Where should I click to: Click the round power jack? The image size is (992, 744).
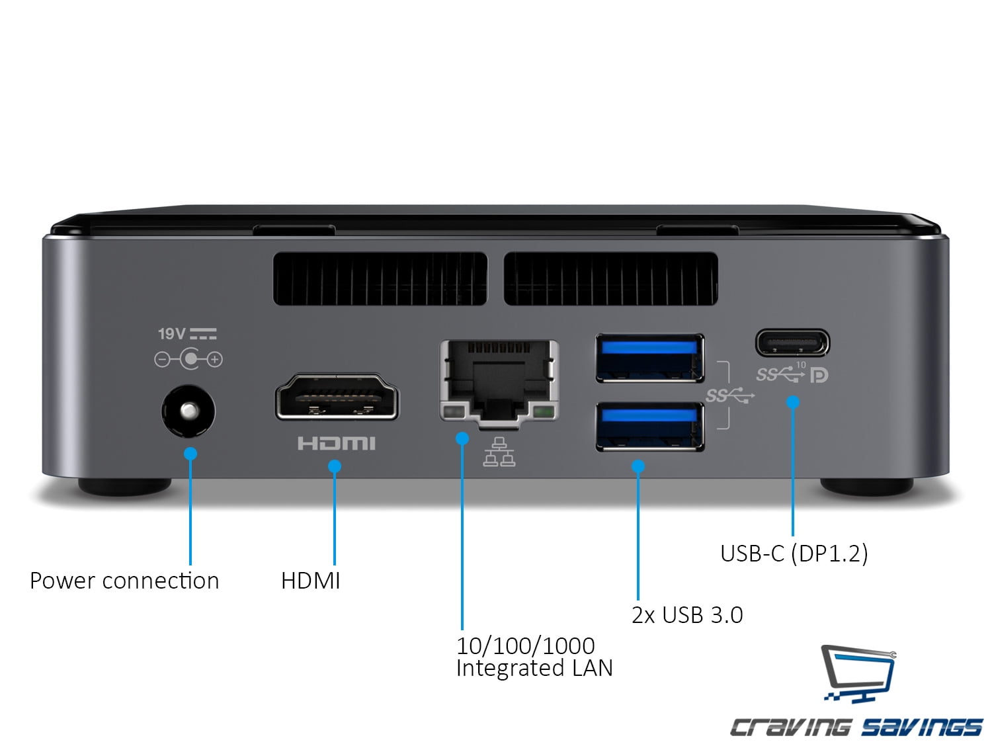point(188,411)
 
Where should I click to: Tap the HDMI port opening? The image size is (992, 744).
point(337,396)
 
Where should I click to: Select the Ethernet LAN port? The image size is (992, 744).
point(499,381)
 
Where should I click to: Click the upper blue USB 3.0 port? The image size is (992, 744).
point(649,358)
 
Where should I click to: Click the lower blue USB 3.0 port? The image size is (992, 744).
point(649,427)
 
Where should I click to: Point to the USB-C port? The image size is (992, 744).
point(792,343)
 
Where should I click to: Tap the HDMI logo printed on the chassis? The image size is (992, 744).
point(336,443)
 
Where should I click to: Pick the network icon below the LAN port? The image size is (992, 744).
point(499,452)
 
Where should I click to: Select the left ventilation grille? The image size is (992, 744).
point(380,278)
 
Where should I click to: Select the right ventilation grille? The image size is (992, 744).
point(610,278)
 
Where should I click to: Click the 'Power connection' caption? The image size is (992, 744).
point(124,581)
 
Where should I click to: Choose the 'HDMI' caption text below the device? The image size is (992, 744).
point(310,581)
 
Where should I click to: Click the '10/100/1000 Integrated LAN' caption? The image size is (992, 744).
point(534,657)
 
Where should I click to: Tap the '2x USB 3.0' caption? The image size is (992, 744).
point(687,615)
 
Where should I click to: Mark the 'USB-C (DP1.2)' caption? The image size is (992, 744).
point(794,553)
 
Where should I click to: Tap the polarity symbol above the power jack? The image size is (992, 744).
point(188,359)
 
